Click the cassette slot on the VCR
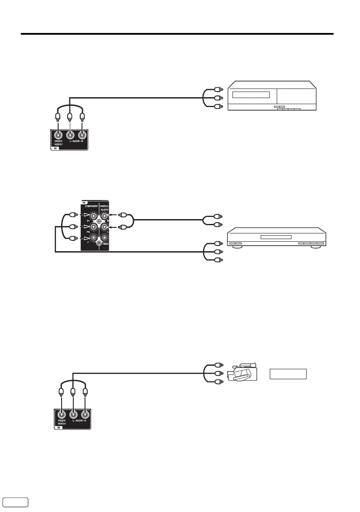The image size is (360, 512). (251, 95)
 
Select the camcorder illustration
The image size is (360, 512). (242, 372)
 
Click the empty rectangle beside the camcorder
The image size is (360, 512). (288, 374)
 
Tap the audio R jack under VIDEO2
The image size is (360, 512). (105, 216)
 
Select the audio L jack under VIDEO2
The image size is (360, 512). (105, 226)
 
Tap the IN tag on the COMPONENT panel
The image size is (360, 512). (84, 202)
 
